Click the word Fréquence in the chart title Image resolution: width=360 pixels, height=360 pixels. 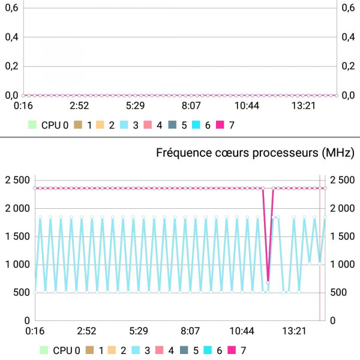pos(181,152)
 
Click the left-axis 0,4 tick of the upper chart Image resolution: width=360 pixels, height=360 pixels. pos(12,37)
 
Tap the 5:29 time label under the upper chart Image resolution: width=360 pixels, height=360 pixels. pos(139,106)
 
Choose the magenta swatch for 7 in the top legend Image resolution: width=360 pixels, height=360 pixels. pos(220,125)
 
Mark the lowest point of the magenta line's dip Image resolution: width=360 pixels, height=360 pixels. pos(268,283)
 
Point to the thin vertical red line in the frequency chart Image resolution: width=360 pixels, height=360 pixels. pos(320,252)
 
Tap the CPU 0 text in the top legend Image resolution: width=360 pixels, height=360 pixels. pos(59,125)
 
